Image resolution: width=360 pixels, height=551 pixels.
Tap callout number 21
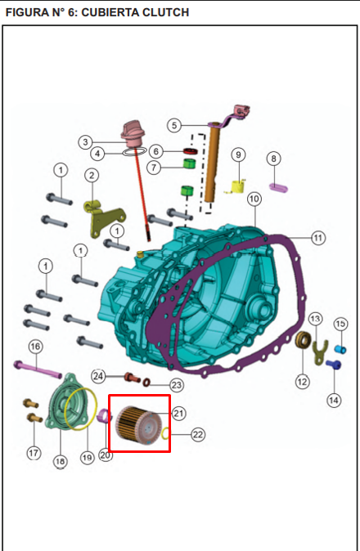pyautogui.click(x=178, y=414)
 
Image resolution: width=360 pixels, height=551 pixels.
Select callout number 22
pyautogui.click(x=198, y=435)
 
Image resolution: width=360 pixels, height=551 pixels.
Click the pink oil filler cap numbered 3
pyautogui.click(x=133, y=134)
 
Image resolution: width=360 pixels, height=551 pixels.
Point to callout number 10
pyautogui.click(x=254, y=199)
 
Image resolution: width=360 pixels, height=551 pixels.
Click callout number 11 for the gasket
pyautogui.click(x=318, y=238)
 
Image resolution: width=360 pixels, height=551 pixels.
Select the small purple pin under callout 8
pyautogui.click(x=278, y=187)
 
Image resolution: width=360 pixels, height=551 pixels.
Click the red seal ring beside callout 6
pyautogui.click(x=190, y=151)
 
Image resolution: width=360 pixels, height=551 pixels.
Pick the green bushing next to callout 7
pyautogui.click(x=190, y=164)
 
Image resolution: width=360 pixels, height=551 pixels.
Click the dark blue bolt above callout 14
pyautogui.click(x=333, y=365)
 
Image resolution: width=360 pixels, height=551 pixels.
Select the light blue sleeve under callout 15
pyautogui.click(x=340, y=349)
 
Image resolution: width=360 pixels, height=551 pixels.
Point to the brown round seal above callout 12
pyautogui.click(x=303, y=340)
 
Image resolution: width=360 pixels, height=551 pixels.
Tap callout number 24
pyautogui.click(x=97, y=376)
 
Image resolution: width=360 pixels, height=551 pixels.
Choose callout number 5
pyautogui.click(x=174, y=125)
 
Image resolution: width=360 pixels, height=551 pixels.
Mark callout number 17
pyautogui.click(x=34, y=453)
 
